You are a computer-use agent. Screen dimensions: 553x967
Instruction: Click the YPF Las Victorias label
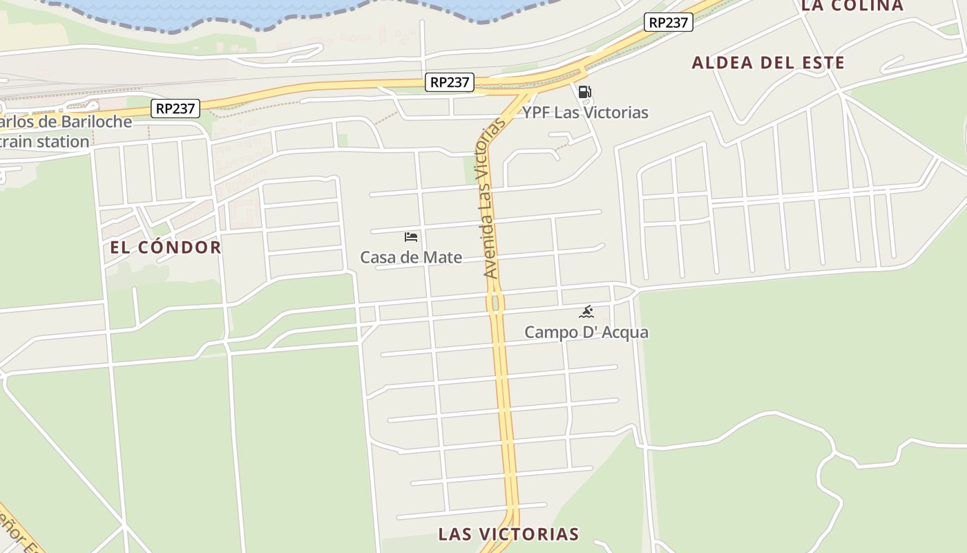(x=585, y=113)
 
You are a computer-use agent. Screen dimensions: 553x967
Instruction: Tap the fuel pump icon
(x=584, y=92)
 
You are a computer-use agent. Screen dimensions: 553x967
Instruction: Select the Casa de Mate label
(x=411, y=258)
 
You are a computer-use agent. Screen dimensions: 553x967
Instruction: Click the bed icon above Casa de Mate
(x=411, y=237)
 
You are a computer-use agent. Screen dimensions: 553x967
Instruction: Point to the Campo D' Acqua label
(x=586, y=332)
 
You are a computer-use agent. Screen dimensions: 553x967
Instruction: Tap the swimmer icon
(x=586, y=312)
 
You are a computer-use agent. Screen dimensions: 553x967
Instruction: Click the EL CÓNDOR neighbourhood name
(x=166, y=247)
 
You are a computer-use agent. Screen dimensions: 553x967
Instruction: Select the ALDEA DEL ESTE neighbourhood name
(x=768, y=63)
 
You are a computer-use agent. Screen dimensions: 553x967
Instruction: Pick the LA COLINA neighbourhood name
(x=852, y=6)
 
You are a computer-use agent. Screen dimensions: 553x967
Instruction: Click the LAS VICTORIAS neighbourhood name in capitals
(x=508, y=534)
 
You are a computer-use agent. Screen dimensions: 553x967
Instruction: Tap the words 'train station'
(x=46, y=142)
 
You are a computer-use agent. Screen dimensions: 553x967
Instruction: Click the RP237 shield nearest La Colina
(x=669, y=22)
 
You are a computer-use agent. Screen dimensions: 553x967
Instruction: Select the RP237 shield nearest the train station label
(x=176, y=109)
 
